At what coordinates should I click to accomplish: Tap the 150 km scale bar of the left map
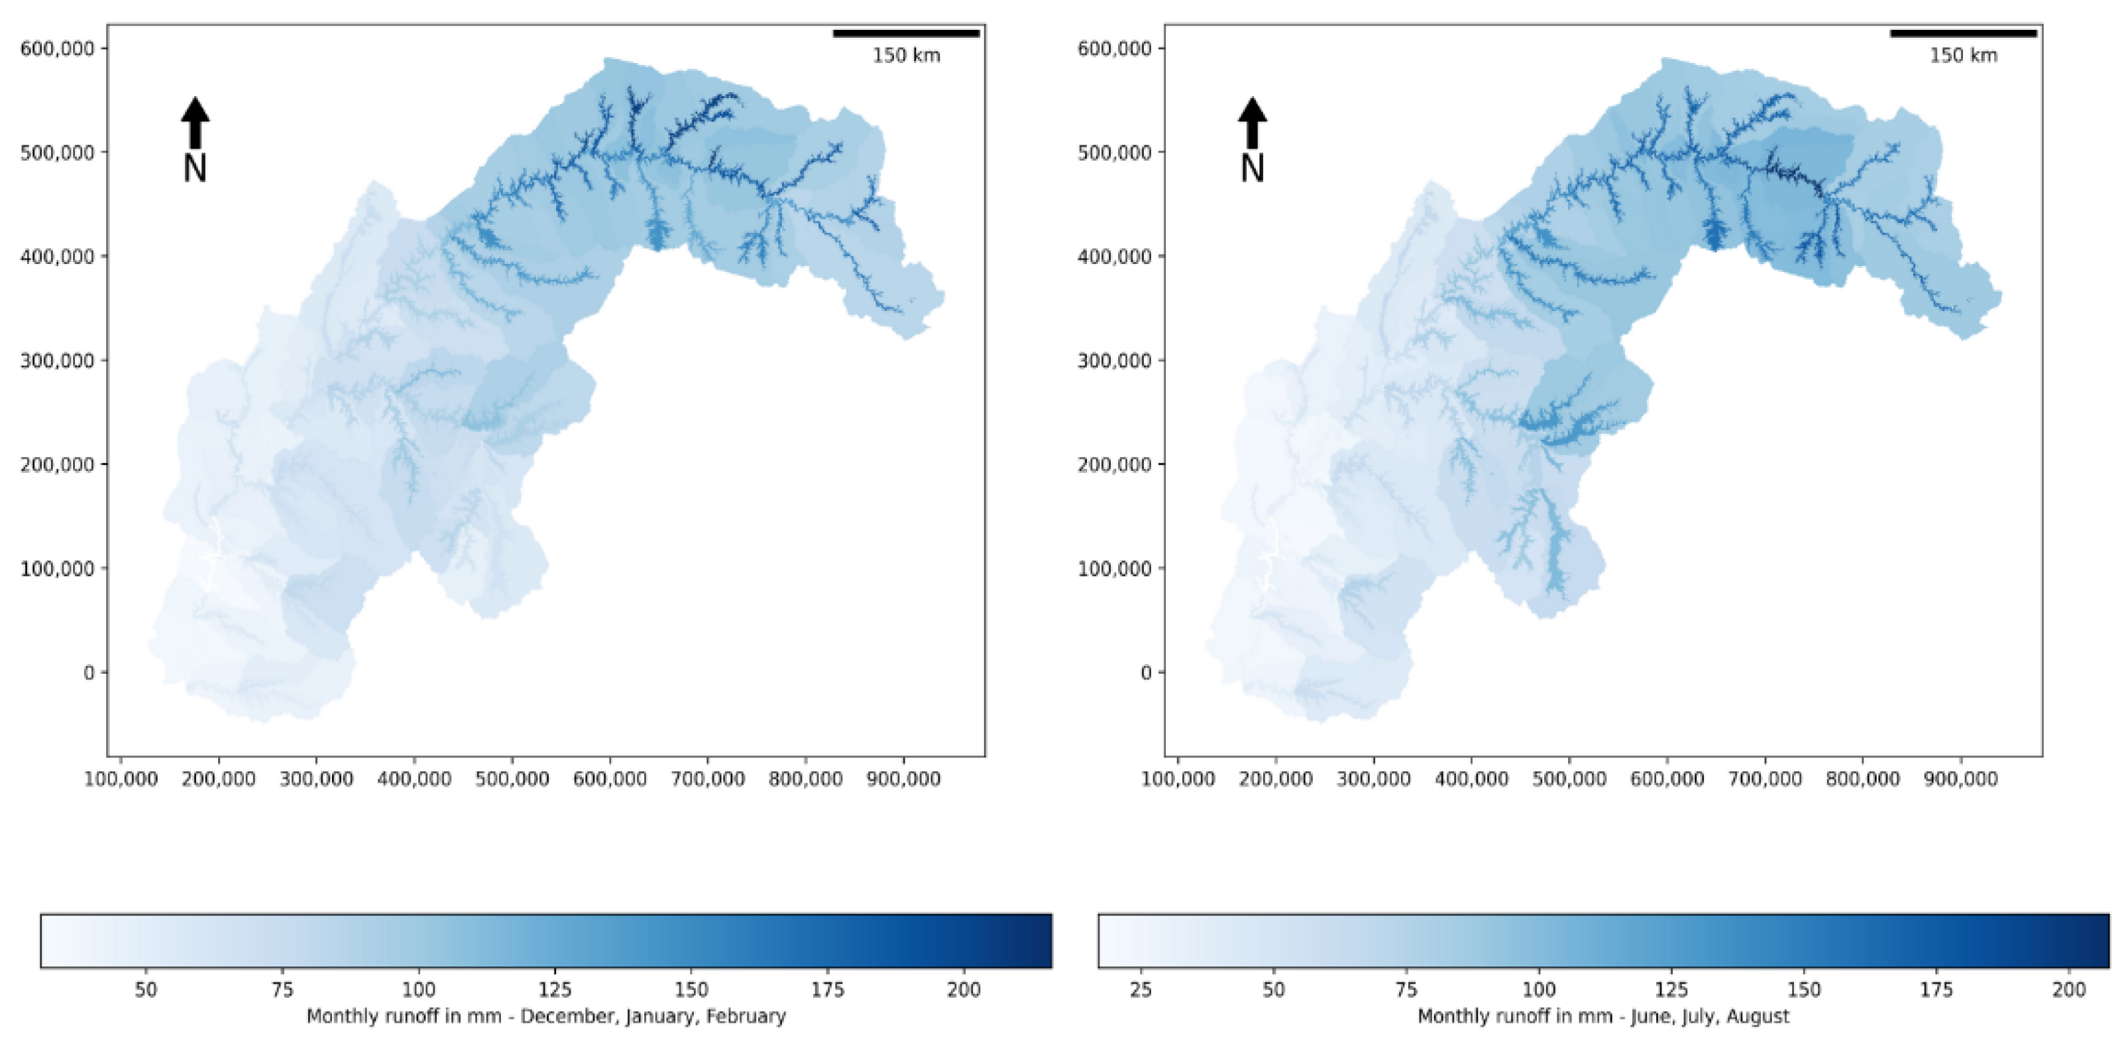click(906, 34)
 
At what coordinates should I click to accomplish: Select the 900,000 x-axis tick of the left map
click(904, 779)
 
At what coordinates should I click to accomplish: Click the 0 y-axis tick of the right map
click(1146, 673)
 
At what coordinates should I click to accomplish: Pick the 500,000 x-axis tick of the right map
click(1569, 779)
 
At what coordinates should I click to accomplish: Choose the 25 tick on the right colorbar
click(1141, 989)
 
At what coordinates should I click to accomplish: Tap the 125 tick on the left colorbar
click(555, 989)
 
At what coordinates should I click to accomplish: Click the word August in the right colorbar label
click(1758, 1016)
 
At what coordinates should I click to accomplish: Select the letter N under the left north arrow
click(195, 168)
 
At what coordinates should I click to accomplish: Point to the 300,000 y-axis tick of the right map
click(1114, 361)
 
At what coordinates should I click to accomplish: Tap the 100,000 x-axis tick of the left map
click(121, 779)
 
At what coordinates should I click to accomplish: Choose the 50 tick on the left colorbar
click(145, 989)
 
